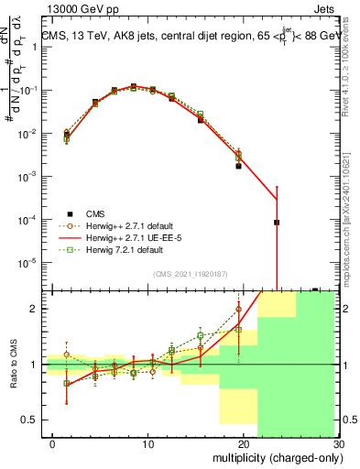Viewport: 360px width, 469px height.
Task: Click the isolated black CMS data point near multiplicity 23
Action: point(277,223)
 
